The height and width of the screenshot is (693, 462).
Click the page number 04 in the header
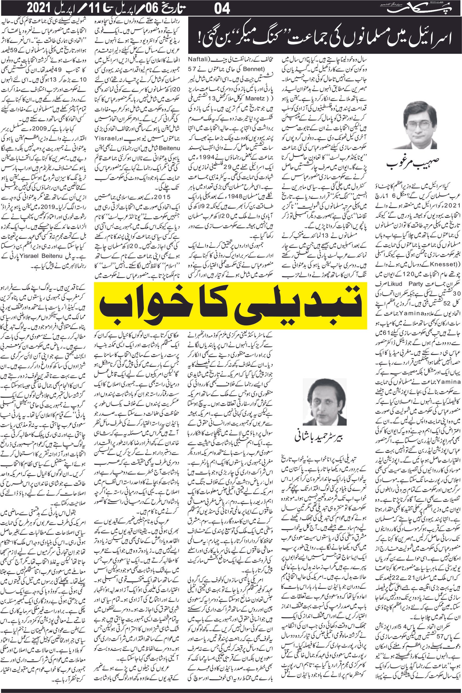[222, 9]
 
